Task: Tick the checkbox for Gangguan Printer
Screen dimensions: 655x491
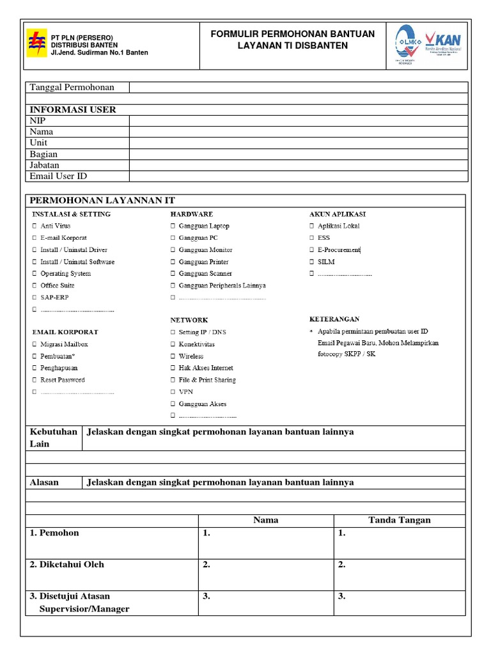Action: coord(173,262)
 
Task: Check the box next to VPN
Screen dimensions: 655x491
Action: coord(173,392)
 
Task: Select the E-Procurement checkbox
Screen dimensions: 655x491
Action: coord(311,250)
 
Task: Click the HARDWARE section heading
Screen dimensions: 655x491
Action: coord(191,214)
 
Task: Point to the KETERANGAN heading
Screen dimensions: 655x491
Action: coord(334,319)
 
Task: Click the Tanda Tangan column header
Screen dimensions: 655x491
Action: coord(399,520)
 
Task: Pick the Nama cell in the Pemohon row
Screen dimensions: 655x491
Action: coord(265,543)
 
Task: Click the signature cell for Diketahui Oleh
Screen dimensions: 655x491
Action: coord(399,574)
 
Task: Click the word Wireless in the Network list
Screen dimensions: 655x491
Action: coord(191,356)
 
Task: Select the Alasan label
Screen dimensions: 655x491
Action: coord(45,482)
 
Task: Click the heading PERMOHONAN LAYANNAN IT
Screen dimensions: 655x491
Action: coord(102,201)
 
